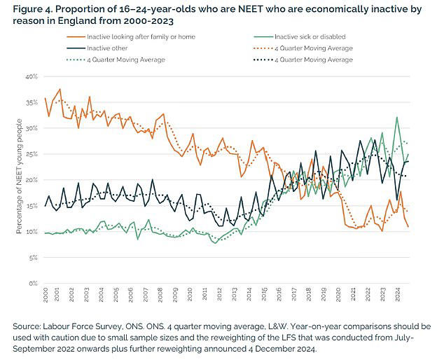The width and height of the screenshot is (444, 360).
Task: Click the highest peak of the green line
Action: click(397, 118)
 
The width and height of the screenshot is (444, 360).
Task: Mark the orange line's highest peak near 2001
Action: click(60, 90)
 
